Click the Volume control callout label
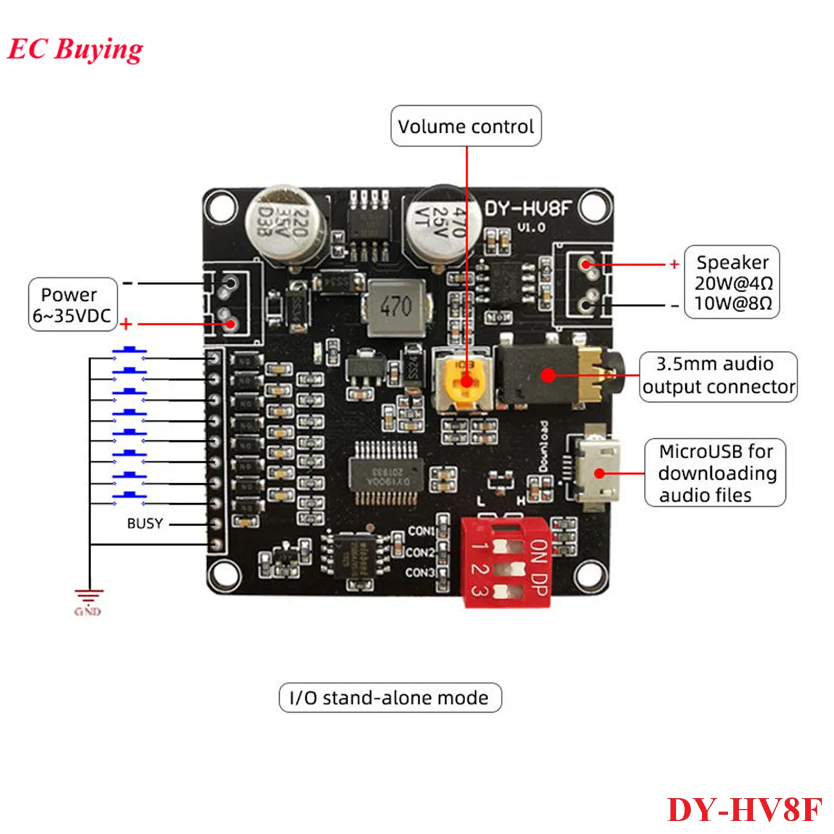click(466, 126)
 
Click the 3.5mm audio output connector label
click(718, 376)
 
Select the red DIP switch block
click(506, 563)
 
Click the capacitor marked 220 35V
click(285, 224)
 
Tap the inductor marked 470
click(395, 307)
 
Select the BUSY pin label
click(144, 523)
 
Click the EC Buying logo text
click(75, 49)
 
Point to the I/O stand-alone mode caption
click(389, 697)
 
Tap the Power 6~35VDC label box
click(72, 305)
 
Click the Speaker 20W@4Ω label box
click(732, 282)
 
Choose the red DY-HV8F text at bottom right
click(744, 809)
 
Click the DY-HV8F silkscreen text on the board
click(527, 209)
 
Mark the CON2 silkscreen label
click(420, 552)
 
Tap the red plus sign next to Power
click(126, 325)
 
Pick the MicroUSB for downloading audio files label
click(715, 473)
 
